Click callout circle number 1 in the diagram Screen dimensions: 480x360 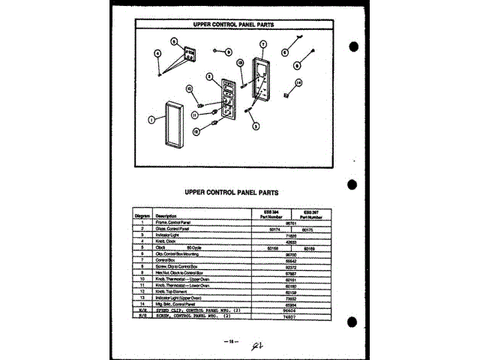[151, 119]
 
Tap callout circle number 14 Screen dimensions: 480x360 [298, 83]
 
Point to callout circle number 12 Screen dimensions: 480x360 [197, 130]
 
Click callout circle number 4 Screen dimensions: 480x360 [158, 53]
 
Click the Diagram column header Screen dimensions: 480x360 [142, 216]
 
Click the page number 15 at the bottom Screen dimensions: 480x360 [232, 341]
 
